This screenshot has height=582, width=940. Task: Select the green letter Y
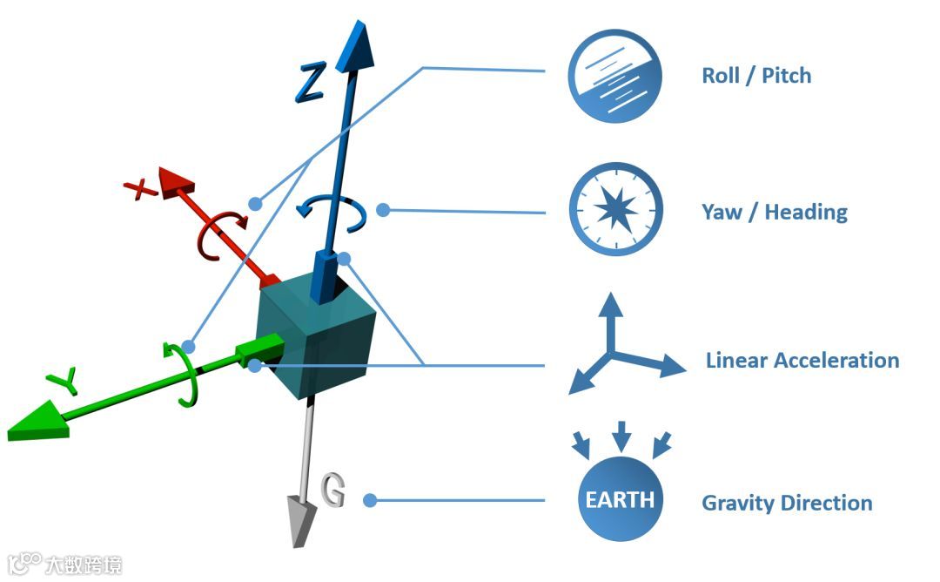64,380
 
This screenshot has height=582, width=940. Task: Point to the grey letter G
333,491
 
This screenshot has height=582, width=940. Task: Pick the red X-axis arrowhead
177,186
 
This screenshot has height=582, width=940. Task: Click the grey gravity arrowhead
301,520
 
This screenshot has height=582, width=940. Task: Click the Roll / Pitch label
756,76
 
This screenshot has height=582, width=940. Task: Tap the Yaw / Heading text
775,212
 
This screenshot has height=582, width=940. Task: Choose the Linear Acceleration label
802,360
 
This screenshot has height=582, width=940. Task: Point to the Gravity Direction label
787,503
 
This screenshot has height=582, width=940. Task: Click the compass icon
615,210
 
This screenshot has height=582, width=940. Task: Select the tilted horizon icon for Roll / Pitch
615,77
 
